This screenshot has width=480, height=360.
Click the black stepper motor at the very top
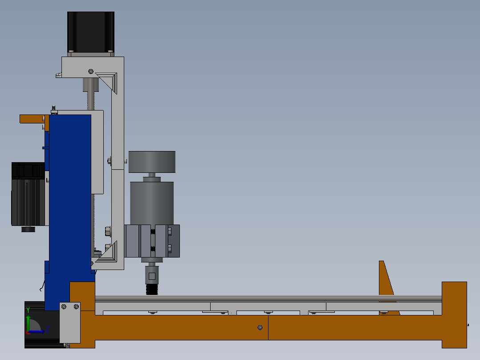91,31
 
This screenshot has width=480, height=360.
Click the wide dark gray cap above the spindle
152,162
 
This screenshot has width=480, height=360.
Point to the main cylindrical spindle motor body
152,203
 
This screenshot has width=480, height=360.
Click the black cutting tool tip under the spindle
152,290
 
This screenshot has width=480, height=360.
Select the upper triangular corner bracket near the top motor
109,81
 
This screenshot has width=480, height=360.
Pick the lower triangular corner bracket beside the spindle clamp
109,254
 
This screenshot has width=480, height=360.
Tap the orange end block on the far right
454,314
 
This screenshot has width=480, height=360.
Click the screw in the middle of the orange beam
260,327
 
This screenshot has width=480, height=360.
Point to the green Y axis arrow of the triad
28,322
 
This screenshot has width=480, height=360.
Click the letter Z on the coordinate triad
47,329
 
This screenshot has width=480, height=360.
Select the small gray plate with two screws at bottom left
70,323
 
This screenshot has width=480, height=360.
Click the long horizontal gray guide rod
267,298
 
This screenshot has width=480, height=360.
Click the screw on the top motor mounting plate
91,71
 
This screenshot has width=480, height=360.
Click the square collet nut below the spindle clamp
152,276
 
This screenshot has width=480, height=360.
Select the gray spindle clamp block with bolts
152,241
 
